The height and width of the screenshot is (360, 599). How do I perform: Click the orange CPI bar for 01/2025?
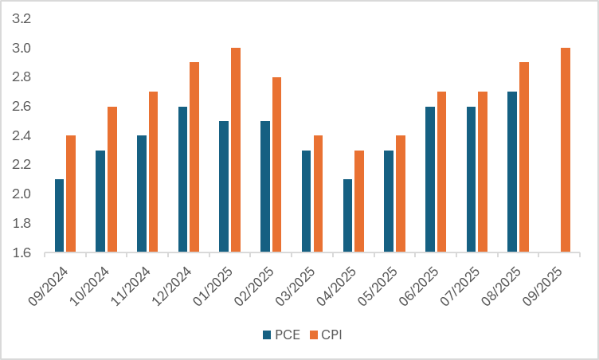pos(236,151)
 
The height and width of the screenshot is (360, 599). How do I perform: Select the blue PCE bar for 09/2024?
pos(59,216)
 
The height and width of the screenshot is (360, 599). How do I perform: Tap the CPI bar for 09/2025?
pos(566,151)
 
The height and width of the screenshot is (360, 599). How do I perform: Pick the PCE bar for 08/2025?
pos(512,172)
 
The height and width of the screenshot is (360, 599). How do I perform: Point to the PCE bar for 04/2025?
pos(347,216)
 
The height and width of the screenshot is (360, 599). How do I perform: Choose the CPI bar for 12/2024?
pos(194,158)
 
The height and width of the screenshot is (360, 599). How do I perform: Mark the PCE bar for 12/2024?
pos(182,179)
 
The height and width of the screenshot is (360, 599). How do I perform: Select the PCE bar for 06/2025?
pos(430,179)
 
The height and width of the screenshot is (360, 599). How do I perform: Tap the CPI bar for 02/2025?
pos(276,165)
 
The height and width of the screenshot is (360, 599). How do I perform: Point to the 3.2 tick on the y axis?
pos(21,18)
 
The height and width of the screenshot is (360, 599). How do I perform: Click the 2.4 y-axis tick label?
pos(21,136)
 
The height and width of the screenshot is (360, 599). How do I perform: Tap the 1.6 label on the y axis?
pos(21,253)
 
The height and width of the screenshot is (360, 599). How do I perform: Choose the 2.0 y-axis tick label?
pos(21,194)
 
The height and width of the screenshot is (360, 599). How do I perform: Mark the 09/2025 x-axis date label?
pos(549,279)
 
